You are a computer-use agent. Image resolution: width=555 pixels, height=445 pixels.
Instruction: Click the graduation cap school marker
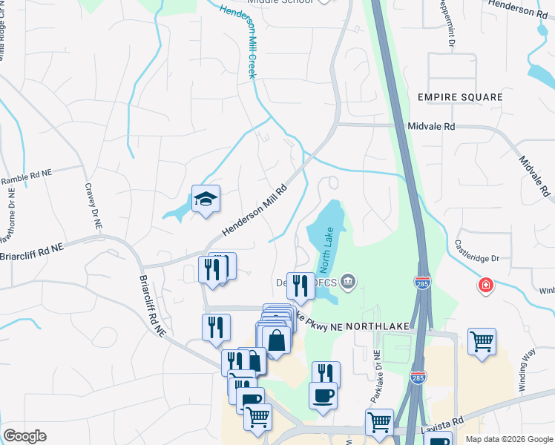coord(206,199)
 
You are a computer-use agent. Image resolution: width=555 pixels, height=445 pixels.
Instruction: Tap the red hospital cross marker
coord(485,285)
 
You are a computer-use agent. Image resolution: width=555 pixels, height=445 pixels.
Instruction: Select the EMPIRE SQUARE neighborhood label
coord(459,97)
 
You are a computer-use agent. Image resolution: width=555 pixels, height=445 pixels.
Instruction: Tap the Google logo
coord(24,436)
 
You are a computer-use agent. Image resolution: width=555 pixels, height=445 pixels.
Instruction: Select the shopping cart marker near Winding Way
coord(482,341)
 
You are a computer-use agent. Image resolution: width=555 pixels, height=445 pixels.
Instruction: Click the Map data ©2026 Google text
coord(508,439)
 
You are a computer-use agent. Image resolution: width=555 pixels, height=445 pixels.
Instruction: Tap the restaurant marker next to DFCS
coord(301,284)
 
